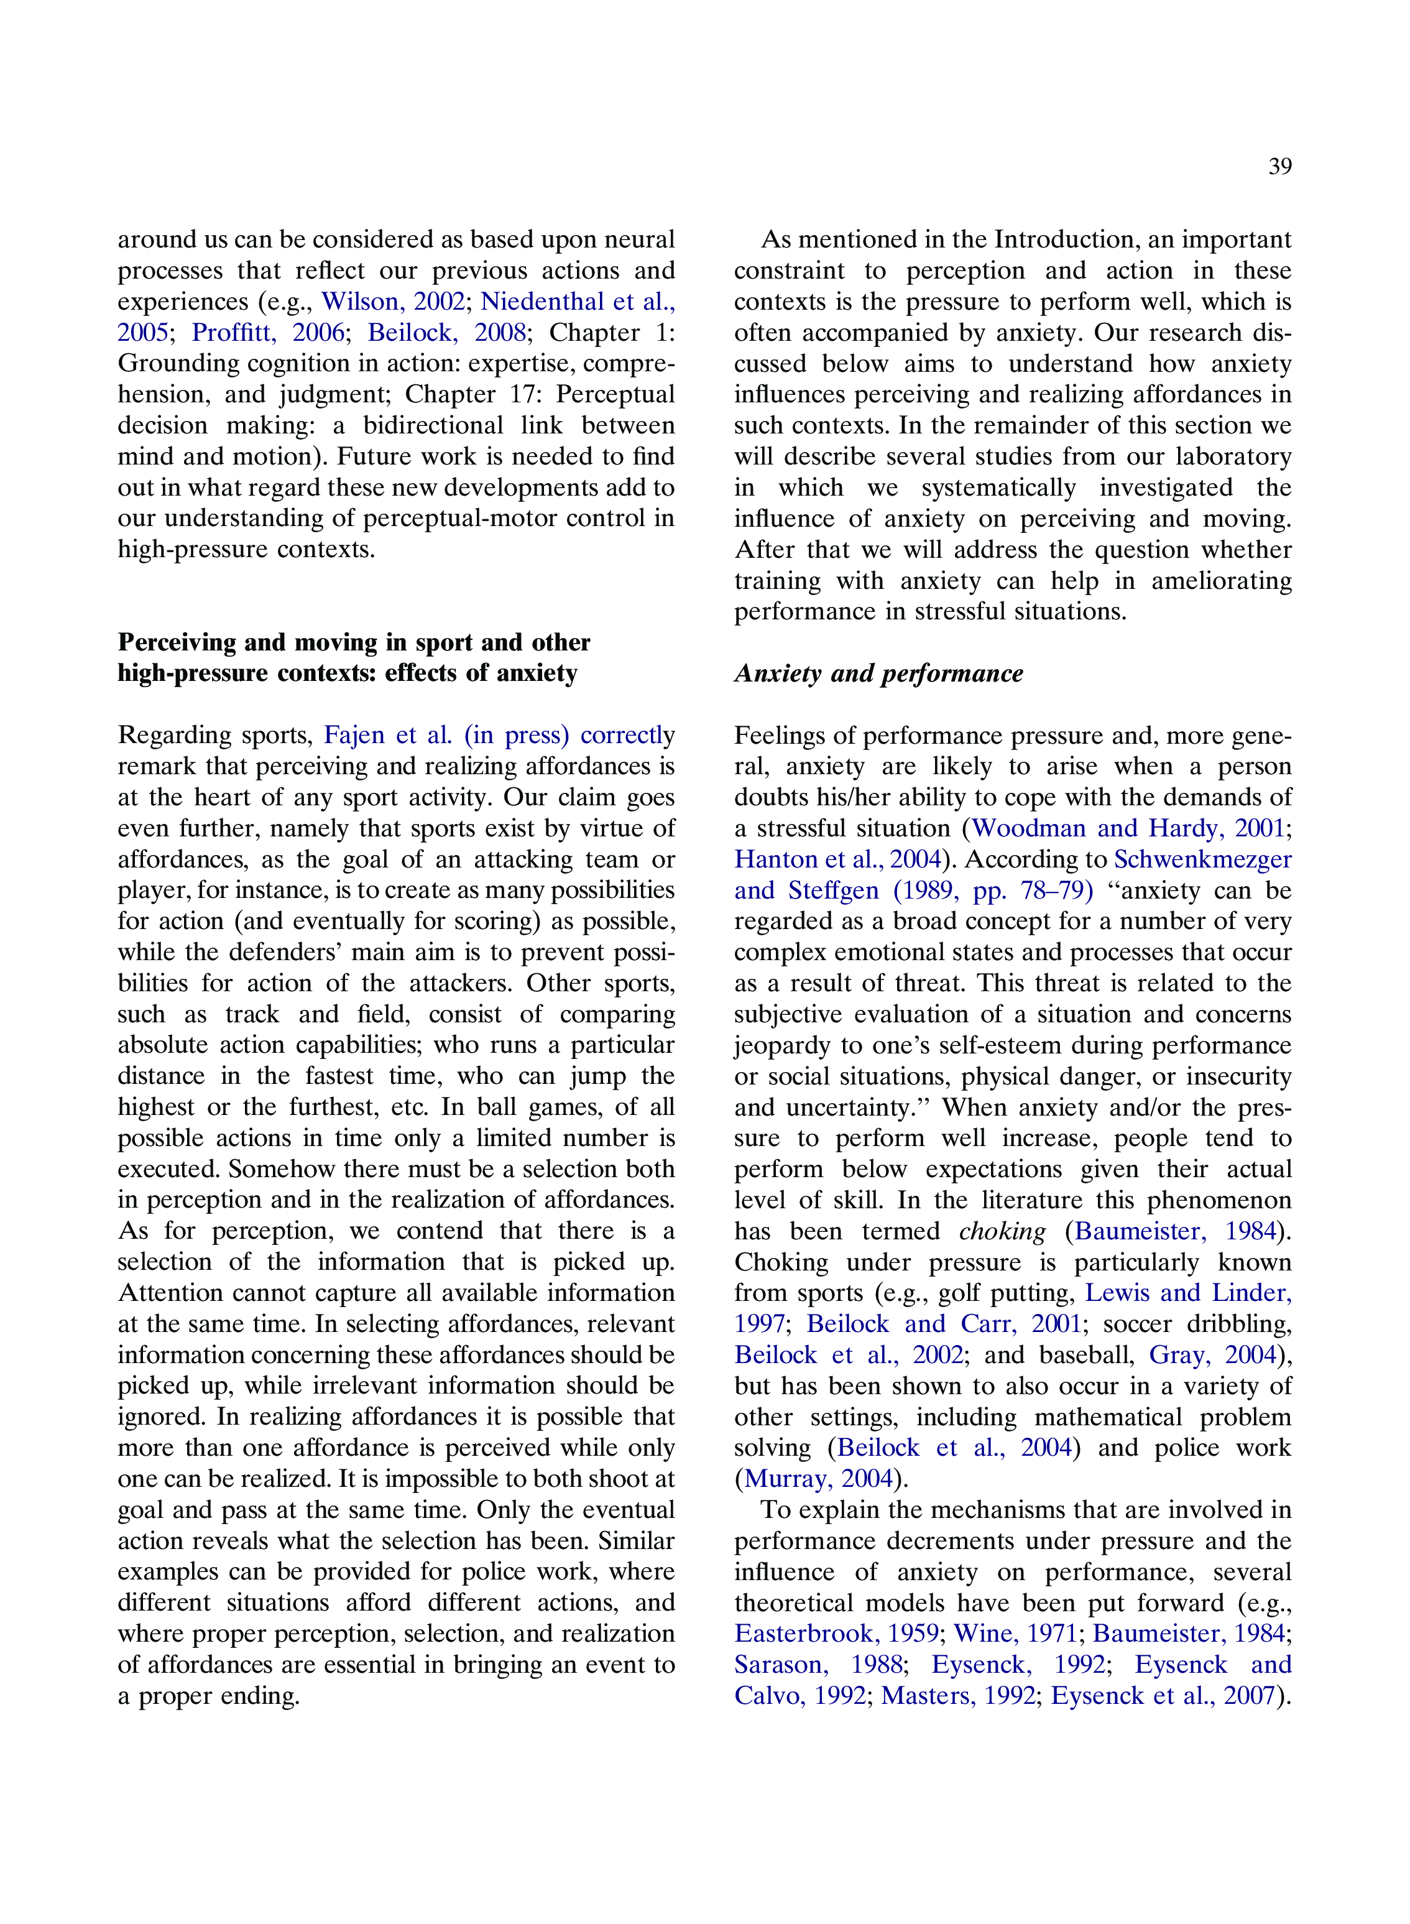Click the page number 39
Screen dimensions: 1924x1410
click(x=1279, y=167)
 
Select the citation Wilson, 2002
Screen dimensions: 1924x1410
click(x=393, y=302)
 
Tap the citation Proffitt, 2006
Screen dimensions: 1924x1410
click(x=267, y=332)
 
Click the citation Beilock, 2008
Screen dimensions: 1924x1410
click(x=446, y=332)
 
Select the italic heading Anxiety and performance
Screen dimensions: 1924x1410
click(x=878, y=673)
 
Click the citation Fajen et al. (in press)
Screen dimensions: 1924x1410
click(x=446, y=735)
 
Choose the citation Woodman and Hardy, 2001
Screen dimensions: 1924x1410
click(x=1128, y=828)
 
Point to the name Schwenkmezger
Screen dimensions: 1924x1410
click(x=1202, y=859)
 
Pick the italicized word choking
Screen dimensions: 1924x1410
click(x=1002, y=1231)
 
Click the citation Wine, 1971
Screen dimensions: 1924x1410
click(x=1015, y=1633)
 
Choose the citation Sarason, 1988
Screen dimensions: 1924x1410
click(x=818, y=1665)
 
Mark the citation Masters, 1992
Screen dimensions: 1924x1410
click(x=957, y=1695)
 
